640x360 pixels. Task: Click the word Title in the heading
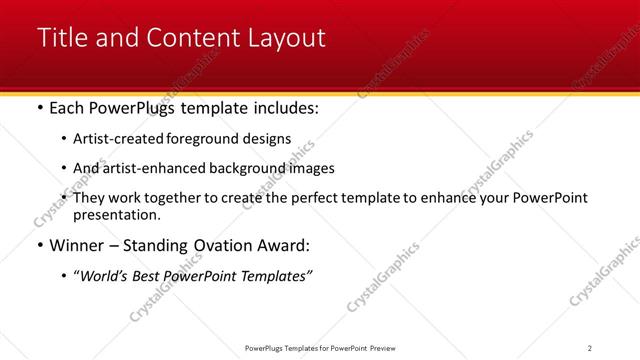(x=61, y=38)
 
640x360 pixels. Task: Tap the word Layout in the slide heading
(x=285, y=38)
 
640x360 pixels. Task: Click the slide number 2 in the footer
(x=590, y=347)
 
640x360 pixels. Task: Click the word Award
(x=284, y=245)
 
